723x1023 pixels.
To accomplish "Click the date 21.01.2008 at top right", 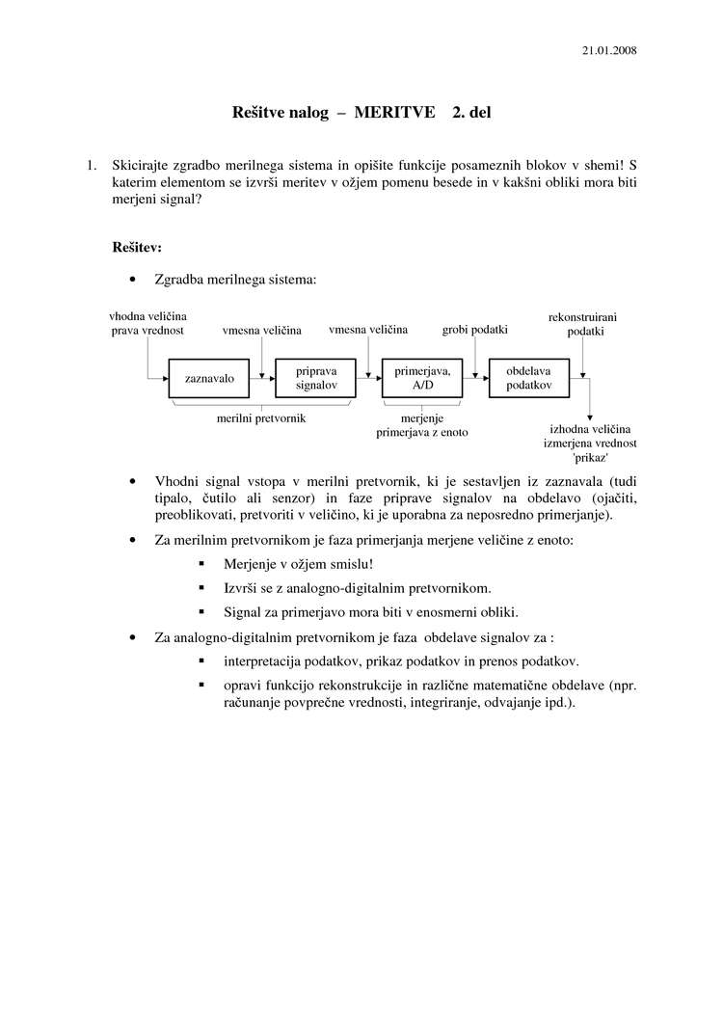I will [609, 49].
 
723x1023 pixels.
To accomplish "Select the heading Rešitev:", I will [136, 247].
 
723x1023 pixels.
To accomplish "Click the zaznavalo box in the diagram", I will [209, 379].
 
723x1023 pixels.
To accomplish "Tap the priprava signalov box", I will [316, 378].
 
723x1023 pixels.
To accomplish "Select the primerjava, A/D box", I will [422, 378].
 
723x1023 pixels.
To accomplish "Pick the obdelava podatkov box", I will [528, 378].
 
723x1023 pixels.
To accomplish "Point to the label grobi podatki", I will [474, 330].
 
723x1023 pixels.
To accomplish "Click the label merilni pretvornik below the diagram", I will [261, 418].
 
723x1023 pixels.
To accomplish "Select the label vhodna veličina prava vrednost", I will [147, 323].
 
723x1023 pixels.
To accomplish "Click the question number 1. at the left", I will [93, 165].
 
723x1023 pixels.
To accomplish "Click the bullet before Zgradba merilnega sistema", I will [132, 280].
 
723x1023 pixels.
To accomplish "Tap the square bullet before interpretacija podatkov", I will [201, 661].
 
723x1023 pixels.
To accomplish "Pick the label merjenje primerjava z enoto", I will [421, 425].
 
